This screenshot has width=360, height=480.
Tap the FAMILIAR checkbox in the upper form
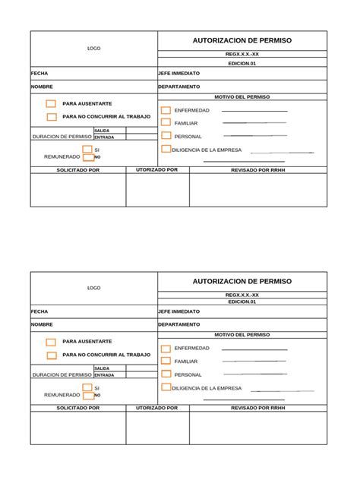166,122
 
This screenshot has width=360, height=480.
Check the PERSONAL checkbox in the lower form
166,374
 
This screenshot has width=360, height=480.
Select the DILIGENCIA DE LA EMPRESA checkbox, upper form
166,150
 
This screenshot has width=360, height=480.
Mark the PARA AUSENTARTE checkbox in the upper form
51,104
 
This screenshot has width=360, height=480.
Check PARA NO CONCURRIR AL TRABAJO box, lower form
51,355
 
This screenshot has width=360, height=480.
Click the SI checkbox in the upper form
87,150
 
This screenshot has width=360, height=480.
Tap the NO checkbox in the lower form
87,395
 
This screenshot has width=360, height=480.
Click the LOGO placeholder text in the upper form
93,49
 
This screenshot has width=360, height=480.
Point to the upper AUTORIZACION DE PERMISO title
242,40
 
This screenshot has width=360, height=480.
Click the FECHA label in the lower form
39,311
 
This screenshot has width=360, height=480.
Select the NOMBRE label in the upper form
42,87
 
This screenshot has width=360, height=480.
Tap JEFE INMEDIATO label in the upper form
178,74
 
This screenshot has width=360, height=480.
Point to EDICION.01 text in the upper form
242,63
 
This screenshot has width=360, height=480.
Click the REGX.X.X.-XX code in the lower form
242,295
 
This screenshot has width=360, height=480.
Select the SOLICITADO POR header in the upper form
77,170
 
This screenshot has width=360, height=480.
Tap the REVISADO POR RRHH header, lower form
258,408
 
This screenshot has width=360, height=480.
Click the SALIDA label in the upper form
102,131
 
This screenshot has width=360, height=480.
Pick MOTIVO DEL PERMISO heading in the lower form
242,334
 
